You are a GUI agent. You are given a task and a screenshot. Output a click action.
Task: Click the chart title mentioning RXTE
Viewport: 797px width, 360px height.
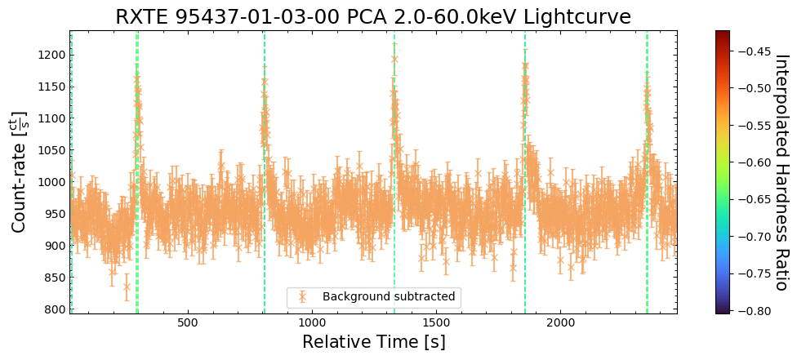point(373,17)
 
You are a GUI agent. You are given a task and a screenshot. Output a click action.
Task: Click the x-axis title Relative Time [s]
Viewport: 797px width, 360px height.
point(373,341)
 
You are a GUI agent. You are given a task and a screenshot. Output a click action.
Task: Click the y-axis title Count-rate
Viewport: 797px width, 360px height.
point(19,171)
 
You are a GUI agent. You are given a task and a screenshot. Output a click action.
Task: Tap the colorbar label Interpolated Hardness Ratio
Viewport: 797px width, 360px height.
point(781,172)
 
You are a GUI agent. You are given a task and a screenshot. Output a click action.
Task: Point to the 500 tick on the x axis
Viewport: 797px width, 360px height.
point(188,322)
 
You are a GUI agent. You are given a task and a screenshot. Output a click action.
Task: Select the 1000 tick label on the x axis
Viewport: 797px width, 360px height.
point(312,322)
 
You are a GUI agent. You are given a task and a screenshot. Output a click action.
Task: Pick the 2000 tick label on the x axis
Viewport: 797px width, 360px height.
point(561,322)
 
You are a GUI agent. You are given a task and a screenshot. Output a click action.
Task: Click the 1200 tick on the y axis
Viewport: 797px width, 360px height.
point(52,55)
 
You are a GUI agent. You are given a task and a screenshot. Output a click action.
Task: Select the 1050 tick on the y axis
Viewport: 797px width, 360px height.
point(52,150)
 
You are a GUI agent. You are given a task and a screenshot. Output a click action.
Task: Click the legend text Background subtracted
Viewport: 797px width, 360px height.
point(389,296)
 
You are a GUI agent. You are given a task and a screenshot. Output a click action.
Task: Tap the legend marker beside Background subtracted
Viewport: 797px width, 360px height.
point(303,296)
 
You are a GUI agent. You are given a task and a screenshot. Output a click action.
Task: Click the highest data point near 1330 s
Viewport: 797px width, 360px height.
point(394,59)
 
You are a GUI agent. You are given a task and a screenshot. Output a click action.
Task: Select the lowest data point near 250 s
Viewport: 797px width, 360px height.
point(127,287)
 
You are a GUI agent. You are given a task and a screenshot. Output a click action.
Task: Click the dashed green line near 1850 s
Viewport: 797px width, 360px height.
point(525,204)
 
